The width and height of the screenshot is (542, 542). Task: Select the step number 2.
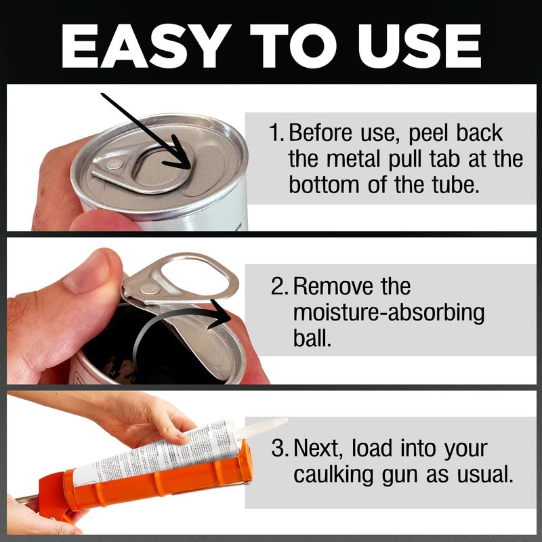tap(278, 287)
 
